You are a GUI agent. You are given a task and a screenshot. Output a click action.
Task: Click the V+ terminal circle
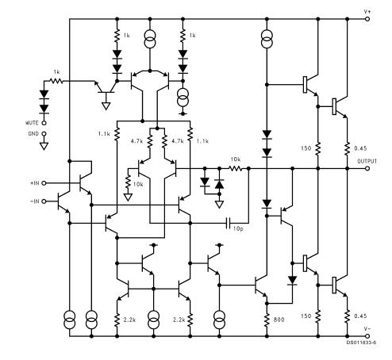[x=367, y=19]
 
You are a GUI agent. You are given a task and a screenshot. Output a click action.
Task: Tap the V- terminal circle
[x=367, y=336]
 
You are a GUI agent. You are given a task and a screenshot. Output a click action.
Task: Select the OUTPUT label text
[x=367, y=161]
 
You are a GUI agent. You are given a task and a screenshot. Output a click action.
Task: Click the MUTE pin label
[x=32, y=123]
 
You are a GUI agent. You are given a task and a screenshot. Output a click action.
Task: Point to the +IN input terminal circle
[x=44, y=183]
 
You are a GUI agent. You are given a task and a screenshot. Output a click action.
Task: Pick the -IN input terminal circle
[x=44, y=201]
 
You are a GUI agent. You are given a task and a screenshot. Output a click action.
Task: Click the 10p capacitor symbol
[x=229, y=224]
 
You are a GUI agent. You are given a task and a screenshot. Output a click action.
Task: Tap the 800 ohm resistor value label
[x=279, y=320]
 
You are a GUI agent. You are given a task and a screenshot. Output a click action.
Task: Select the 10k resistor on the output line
[x=235, y=168]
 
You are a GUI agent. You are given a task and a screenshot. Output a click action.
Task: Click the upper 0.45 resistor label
[x=360, y=148]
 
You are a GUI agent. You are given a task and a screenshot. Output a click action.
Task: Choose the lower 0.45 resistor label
[x=360, y=316]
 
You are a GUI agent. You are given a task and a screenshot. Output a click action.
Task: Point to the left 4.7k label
[x=136, y=141]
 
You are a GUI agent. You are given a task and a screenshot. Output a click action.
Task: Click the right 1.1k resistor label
[x=202, y=141]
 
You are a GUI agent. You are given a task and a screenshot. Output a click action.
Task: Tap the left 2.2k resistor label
[x=129, y=320]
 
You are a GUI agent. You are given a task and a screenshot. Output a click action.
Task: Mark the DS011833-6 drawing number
[x=361, y=343]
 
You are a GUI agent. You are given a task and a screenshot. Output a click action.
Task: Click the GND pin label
[x=33, y=134]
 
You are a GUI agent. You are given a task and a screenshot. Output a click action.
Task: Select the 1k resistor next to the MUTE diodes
[x=56, y=81]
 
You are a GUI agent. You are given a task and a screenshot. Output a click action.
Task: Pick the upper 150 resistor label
[x=306, y=148]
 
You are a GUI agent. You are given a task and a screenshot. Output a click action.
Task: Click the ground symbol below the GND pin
[x=44, y=146]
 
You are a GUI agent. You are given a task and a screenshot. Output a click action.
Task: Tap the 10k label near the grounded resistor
[x=138, y=184]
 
